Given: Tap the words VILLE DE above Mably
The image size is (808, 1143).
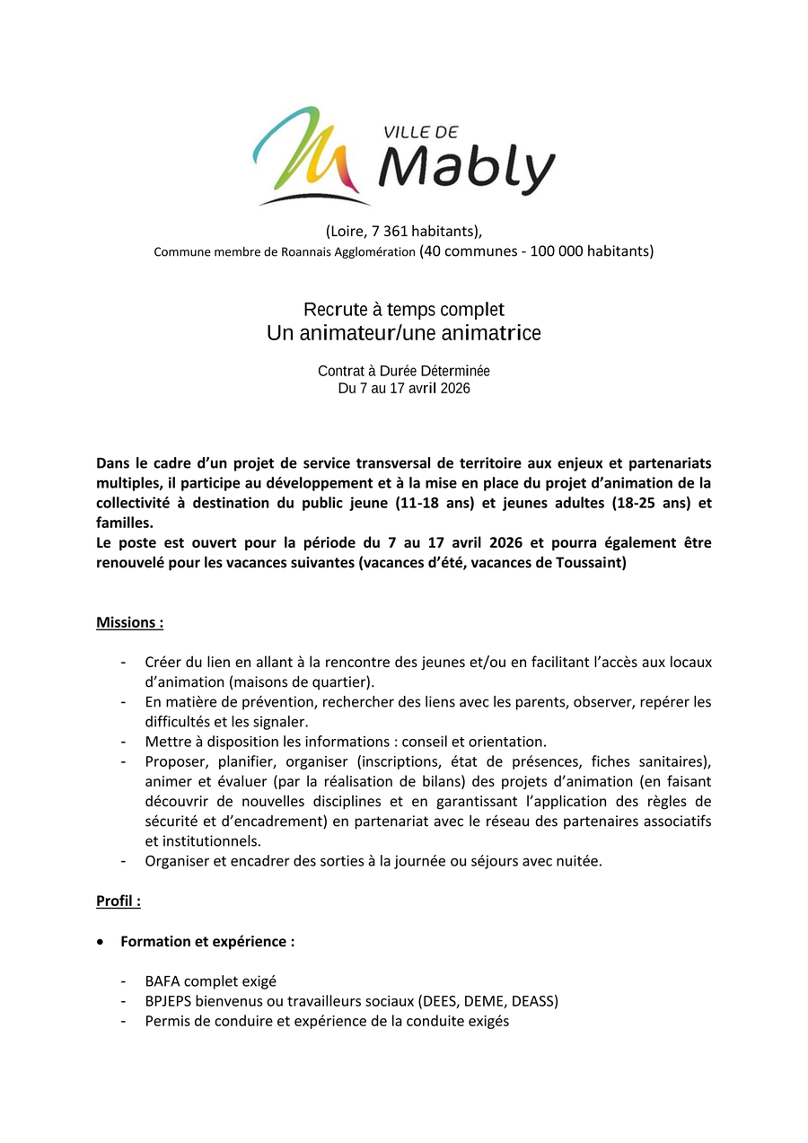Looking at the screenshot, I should click(421, 131).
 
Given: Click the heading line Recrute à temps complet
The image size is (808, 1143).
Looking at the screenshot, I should click(404, 310).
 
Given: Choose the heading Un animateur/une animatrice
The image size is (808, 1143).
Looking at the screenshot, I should click(404, 333).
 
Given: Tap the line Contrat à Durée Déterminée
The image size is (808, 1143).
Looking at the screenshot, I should click(404, 371).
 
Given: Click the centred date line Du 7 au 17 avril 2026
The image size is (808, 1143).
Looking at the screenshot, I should click(404, 389).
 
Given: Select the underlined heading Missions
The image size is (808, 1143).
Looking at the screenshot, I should click(129, 622).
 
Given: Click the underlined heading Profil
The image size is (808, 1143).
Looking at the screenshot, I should click(118, 901).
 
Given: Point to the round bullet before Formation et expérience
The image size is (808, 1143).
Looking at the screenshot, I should click(101, 942).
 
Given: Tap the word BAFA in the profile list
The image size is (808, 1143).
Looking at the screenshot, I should click(162, 981).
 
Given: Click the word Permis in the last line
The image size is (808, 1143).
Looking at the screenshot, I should click(168, 1021).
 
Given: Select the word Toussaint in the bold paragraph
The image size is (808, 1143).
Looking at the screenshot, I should click(589, 563).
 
